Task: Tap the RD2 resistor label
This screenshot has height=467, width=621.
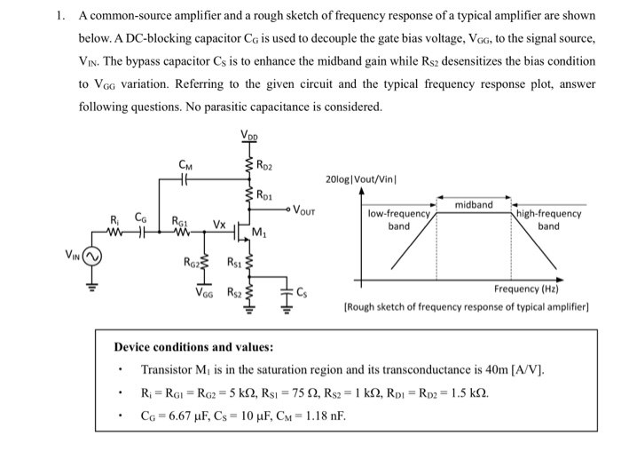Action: (265, 165)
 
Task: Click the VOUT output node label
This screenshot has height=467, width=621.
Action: (306, 212)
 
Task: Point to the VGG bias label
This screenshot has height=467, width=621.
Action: (206, 292)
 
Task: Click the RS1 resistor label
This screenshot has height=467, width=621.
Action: (235, 262)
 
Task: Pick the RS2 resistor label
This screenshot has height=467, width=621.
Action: (235, 292)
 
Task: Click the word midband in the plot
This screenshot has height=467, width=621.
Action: (473, 204)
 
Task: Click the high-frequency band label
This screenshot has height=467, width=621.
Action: (548, 219)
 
